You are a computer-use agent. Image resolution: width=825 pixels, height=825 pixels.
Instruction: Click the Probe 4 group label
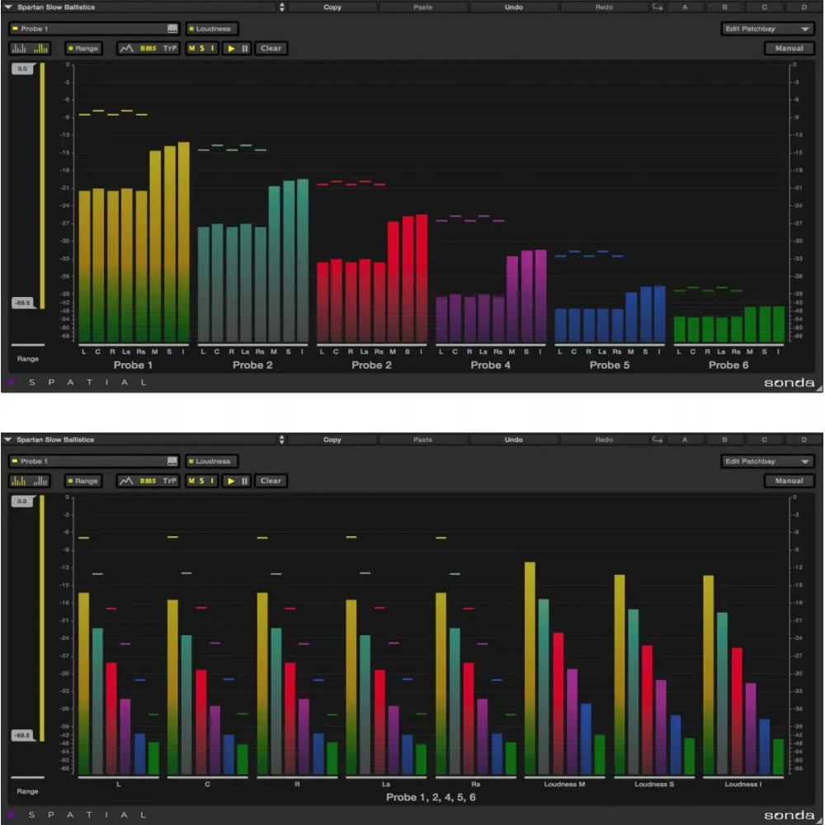click(491, 365)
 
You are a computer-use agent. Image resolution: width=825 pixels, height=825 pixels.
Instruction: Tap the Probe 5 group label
click(610, 365)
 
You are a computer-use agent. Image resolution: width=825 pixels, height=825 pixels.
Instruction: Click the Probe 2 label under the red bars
click(372, 365)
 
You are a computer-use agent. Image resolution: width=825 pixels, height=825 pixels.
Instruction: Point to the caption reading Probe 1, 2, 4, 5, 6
click(431, 797)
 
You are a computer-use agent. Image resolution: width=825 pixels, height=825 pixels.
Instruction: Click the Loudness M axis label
click(564, 784)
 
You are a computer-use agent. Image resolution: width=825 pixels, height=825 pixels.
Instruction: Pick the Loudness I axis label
click(742, 784)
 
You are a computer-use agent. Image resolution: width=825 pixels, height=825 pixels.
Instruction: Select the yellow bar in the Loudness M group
click(530, 668)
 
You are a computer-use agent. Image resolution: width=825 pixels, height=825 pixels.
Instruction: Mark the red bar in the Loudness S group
click(647, 709)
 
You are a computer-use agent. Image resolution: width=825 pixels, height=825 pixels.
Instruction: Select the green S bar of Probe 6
click(765, 323)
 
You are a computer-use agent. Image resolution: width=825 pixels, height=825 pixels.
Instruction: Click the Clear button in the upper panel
click(271, 49)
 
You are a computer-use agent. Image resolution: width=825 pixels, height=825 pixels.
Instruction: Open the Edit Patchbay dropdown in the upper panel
click(766, 28)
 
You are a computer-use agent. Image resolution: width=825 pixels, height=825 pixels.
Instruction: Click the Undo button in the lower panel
click(513, 440)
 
